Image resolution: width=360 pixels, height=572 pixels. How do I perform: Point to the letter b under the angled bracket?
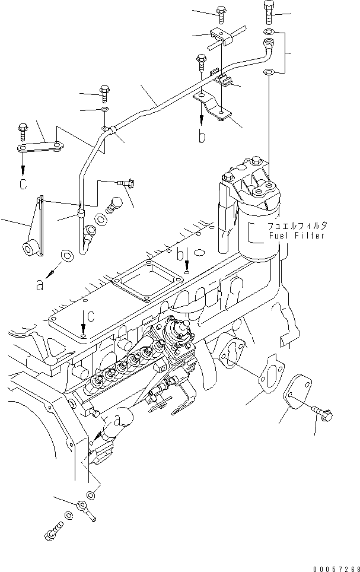click(x=202, y=137)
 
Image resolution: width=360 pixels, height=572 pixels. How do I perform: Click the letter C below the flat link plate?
click(x=23, y=185)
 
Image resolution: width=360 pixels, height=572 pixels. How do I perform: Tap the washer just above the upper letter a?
click(x=67, y=256)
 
